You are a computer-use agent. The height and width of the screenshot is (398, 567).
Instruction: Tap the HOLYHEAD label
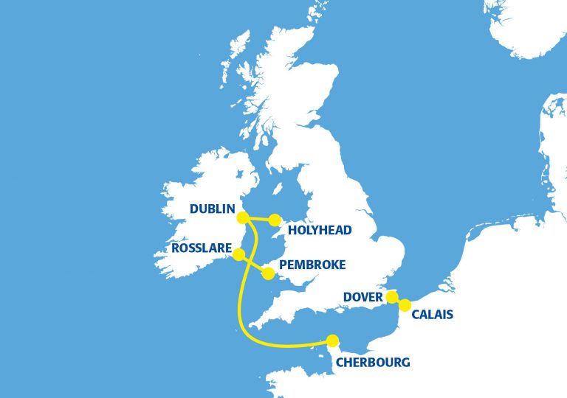pyautogui.click(x=320, y=230)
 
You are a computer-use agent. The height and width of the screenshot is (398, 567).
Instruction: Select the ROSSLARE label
pyautogui.click(x=201, y=248)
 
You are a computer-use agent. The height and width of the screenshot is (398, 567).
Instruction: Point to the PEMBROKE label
pyautogui.click(x=312, y=265)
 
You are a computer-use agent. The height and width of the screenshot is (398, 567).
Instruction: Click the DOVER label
pyautogui.click(x=363, y=298)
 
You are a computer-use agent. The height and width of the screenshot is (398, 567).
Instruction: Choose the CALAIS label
pyautogui.click(x=432, y=315)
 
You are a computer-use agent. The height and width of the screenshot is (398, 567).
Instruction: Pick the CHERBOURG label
pyautogui.click(x=372, y=362)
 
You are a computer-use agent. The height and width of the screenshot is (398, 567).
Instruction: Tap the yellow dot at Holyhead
pyautogui.click(x=275, y=220)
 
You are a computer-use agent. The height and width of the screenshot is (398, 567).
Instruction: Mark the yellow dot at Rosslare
pyautogui.click(x=238, y=254)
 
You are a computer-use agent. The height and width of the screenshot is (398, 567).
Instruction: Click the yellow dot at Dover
pyautogui.click(x=393, y=298)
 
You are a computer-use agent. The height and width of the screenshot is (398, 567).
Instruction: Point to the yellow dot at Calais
pyautogui.click(x=405, y=305)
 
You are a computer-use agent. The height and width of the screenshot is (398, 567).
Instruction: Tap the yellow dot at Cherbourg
pyautogui.click(x=333, y=341)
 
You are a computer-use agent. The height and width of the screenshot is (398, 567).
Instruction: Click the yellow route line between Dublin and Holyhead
pyautogui.click(x=259, y=218)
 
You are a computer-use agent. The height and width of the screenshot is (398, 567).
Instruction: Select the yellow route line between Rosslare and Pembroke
pyautogui.click(x=253, y=264)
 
